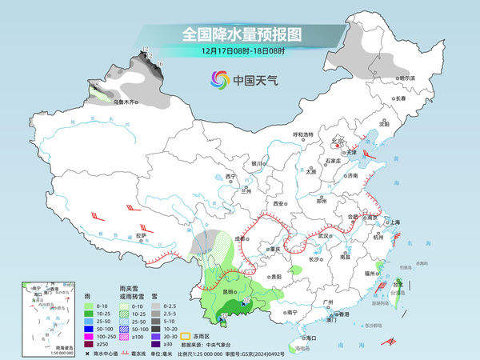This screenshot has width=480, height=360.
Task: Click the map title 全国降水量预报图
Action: tap(239, 34)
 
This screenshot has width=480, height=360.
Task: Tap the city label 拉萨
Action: tap(141, 236)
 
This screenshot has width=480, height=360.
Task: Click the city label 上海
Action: tap(394, 223)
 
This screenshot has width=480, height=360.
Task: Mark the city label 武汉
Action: tap(323, 236)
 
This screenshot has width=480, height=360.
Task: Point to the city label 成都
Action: tap(239, 238)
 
